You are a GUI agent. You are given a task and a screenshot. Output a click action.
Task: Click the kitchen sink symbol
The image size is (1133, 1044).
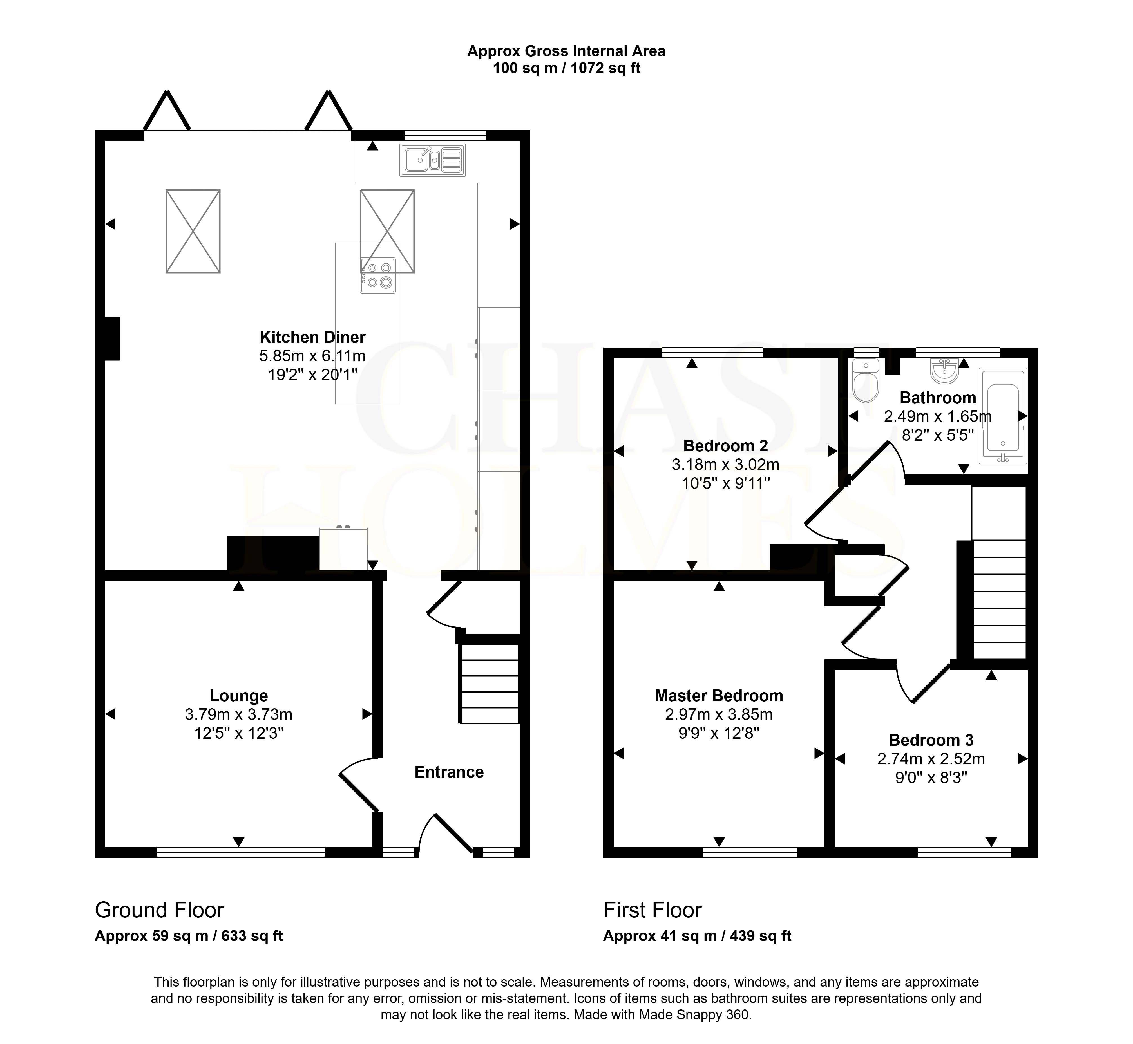tap(432, 160)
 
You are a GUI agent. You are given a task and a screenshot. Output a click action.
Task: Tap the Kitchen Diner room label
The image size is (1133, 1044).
tap(312, 337)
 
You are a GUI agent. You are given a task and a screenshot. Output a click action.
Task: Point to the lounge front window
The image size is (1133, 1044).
tap(241, 852)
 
